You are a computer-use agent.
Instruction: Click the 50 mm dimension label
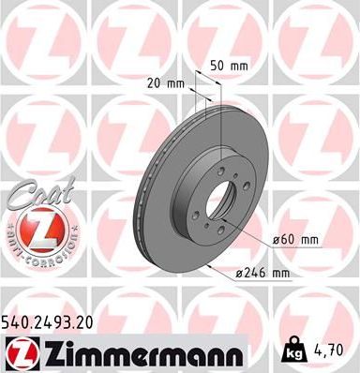coord(228,67)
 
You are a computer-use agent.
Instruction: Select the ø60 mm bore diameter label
coord(295,240)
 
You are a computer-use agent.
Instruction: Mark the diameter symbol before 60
coord(278,241)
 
